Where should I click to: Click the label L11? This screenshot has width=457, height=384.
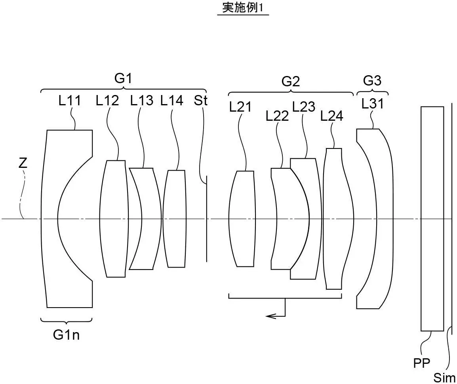point(70,101)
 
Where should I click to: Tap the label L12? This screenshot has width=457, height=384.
point(107,101)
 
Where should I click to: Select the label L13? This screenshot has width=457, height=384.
point(141,101)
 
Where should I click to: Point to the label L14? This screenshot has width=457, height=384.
point(172,101)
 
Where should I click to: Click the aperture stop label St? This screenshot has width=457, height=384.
point(201,101)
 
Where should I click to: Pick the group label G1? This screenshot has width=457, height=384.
point(123,79)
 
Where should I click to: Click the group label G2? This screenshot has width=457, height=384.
point(291,82)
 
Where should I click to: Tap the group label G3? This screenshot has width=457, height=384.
point(372,80)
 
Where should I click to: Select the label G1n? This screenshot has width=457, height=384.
point(67,335)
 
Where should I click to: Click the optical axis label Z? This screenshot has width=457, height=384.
point(23,163)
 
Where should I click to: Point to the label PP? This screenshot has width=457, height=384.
point(421,363)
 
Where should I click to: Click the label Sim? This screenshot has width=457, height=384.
point(445,377)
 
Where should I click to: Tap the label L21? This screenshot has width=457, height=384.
point(240,107)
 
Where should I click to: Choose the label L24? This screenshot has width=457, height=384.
point(332,116)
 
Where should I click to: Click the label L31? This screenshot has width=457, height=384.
point(373,104)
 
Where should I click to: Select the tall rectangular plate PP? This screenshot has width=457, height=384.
point(432,219)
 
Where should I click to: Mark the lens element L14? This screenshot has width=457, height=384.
point(175,219)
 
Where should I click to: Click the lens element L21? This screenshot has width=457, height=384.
point(242,219)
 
